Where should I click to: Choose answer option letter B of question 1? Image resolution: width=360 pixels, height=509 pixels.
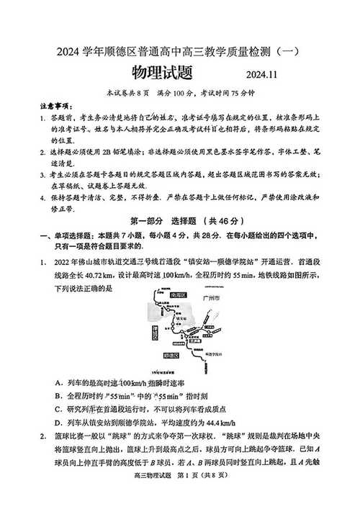(x=58, y=395)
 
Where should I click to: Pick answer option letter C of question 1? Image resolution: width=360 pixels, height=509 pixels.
(x=58, y=410)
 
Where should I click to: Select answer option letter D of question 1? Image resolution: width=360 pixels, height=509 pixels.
(x=58, y=423)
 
